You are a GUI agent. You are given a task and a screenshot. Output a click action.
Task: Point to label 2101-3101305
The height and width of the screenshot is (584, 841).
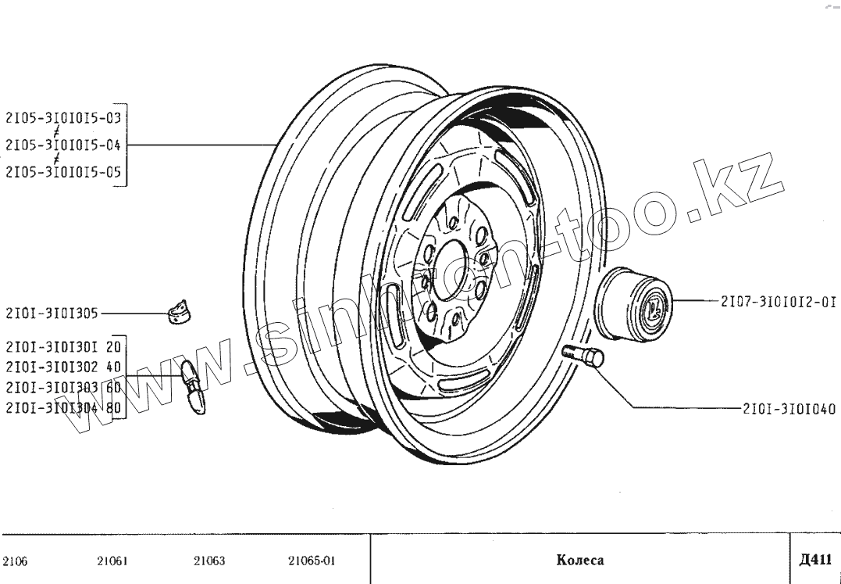click(52, 313)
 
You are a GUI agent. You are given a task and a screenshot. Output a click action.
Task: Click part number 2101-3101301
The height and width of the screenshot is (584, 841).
click(52, 345)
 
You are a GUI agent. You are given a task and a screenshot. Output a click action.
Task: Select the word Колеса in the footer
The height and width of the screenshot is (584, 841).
click(579, 560)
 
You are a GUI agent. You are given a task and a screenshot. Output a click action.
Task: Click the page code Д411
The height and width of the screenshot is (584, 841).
click(815, 559)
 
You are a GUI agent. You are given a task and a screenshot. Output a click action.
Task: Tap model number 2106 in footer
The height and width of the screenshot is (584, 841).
click(16, 561)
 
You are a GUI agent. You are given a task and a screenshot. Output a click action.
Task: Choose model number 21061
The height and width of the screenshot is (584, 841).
click(112, 561)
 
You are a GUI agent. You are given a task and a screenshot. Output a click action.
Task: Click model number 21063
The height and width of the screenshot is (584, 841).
click(209, 561)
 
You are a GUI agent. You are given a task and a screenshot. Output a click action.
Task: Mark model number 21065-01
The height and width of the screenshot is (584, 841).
click(312, 561)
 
